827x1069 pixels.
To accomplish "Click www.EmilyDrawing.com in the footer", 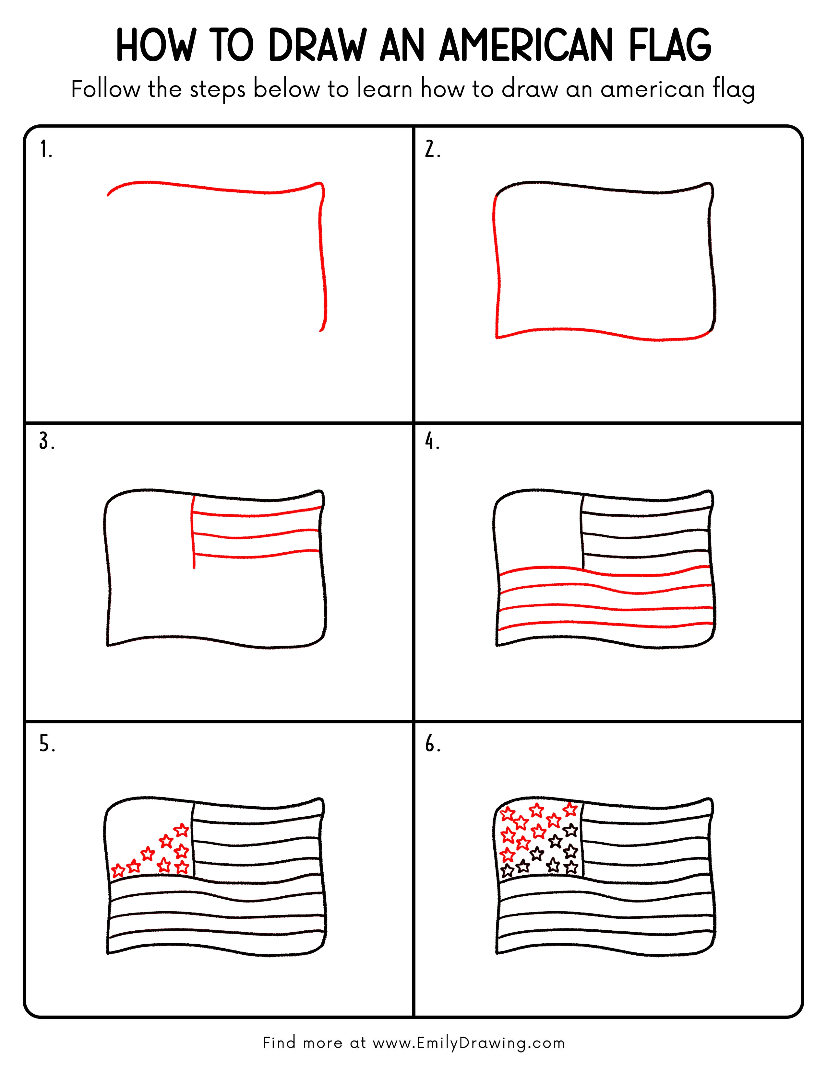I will [x=468, y=1042].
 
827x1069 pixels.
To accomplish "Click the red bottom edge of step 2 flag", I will [x=603, y=332].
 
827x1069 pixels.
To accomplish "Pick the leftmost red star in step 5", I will [x=118, y=871].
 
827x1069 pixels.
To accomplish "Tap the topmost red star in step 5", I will [x=182, y=830].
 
